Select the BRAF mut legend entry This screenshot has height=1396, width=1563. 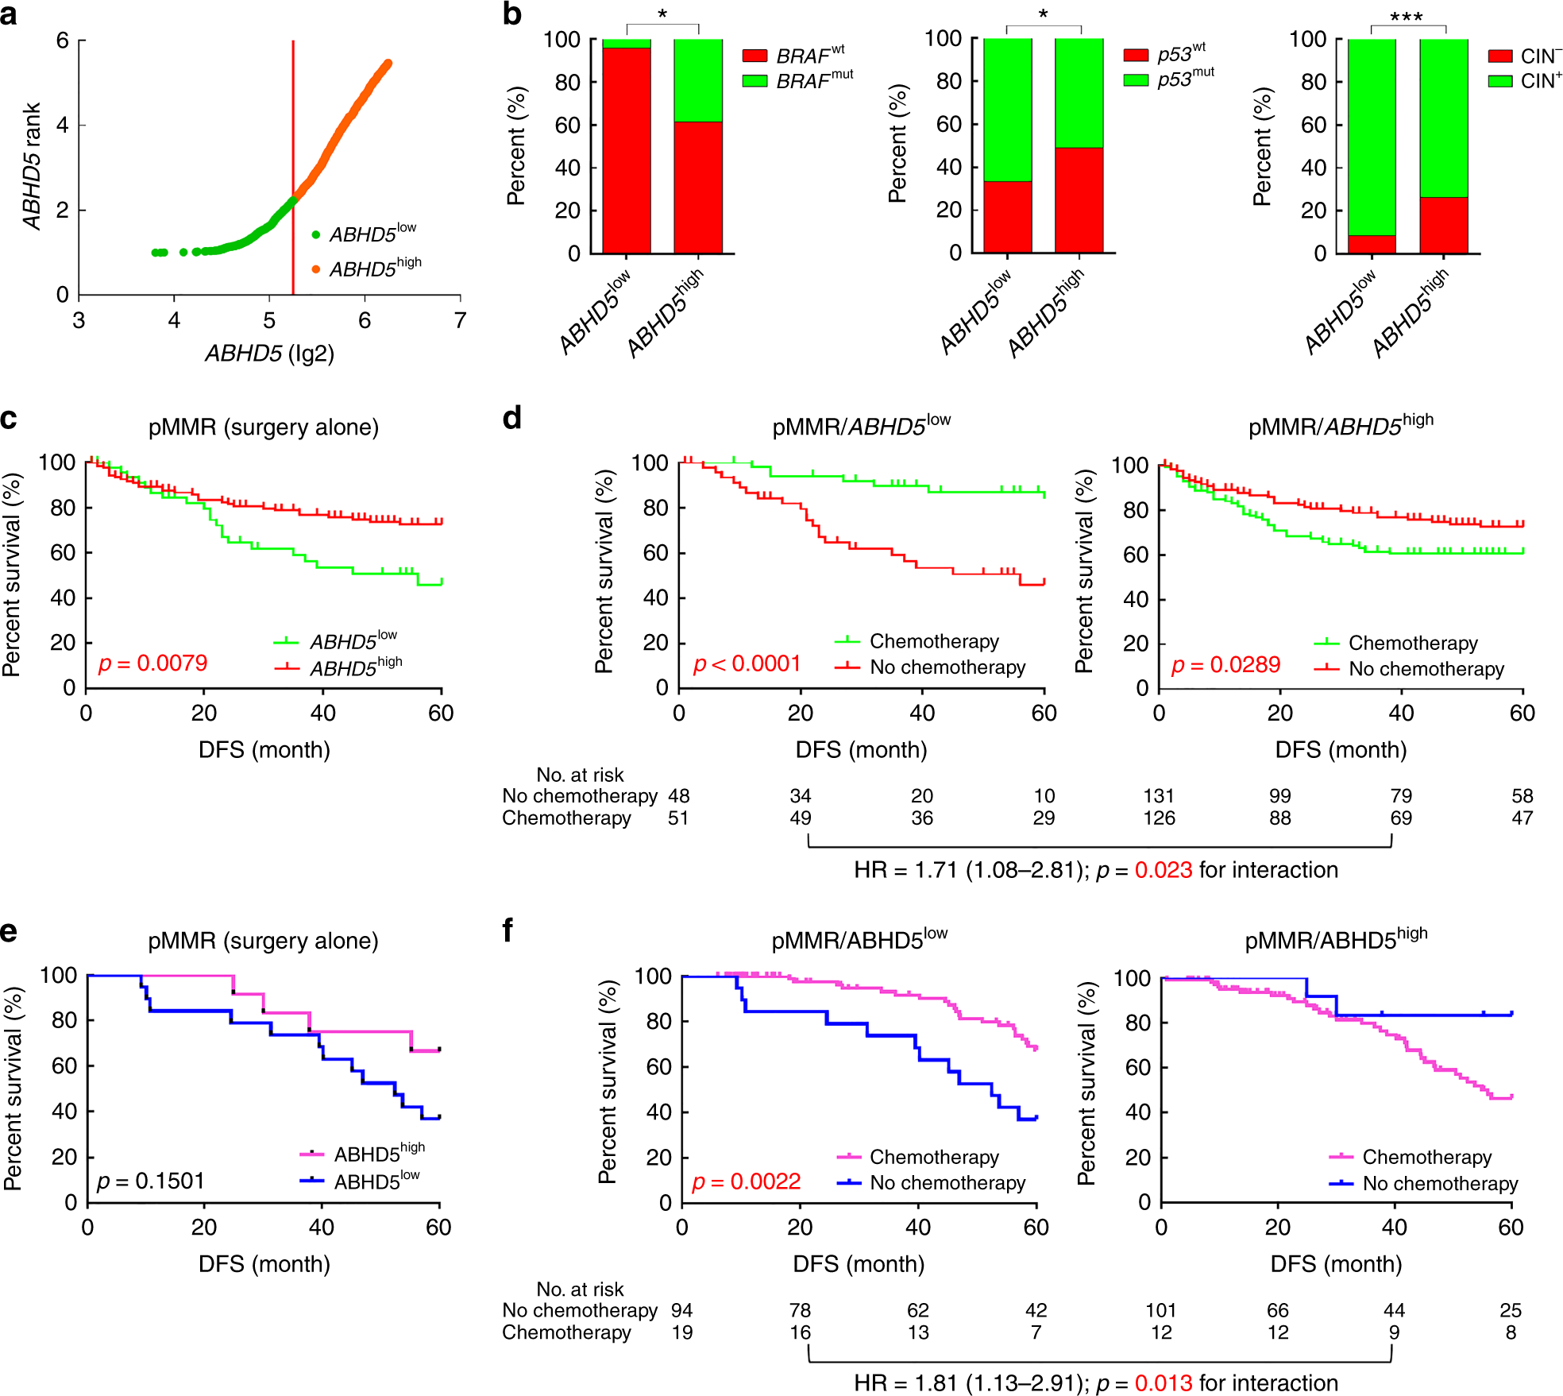click(797, 80)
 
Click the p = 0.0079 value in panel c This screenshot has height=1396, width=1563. click(152, 663)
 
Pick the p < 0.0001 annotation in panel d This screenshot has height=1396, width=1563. click(747, 663)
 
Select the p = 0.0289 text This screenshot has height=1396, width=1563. click(1225, 665)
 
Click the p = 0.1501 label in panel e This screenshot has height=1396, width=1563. click(151, 1181)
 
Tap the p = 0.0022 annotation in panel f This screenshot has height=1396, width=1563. click(746, 1181)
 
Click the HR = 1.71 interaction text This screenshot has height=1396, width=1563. click(1096, 870)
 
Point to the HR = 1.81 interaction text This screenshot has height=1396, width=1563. click(1096, 1383)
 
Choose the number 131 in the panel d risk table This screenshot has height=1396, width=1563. click(1159, 796)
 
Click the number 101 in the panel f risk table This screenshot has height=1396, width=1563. click(1160, 1310)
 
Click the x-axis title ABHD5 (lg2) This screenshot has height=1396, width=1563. click(269, 353)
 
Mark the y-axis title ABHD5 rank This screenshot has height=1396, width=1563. click(32, 166)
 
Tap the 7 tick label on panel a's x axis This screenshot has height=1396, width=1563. click(460, 320)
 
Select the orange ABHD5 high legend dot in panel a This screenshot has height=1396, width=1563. click(316, 269)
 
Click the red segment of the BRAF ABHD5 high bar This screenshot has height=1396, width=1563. click(698, 187)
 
